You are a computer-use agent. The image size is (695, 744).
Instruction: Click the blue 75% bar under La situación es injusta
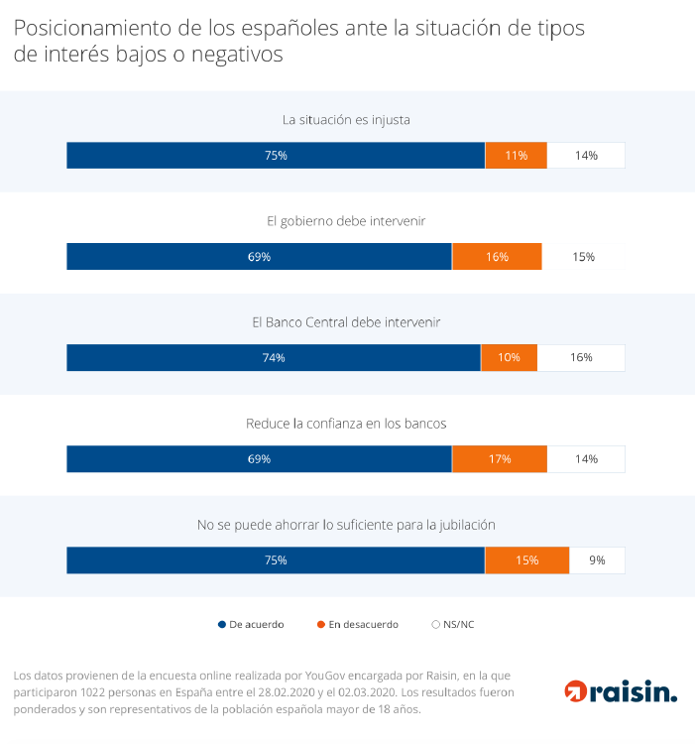point(276,156)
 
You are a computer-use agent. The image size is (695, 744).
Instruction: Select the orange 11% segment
point(516,156)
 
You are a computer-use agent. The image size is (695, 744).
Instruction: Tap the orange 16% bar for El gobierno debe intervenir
point(497,257)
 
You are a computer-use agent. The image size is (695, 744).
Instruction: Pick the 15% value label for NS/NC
point(583,257)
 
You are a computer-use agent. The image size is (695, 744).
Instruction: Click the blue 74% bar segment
point(274,358)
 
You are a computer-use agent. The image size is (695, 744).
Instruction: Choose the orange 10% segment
point(509,358)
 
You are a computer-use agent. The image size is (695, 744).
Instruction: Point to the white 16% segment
point(581,358)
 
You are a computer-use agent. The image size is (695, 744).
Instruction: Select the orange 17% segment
point(500,459)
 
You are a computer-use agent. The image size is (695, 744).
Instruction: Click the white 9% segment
point(597,560)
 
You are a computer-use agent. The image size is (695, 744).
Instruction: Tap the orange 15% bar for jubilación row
point(526,560)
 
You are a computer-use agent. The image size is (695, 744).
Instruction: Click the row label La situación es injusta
point(346,120)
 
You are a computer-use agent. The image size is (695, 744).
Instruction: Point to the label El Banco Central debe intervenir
point(346,322)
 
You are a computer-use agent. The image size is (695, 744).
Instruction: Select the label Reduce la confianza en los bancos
point(346,424)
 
